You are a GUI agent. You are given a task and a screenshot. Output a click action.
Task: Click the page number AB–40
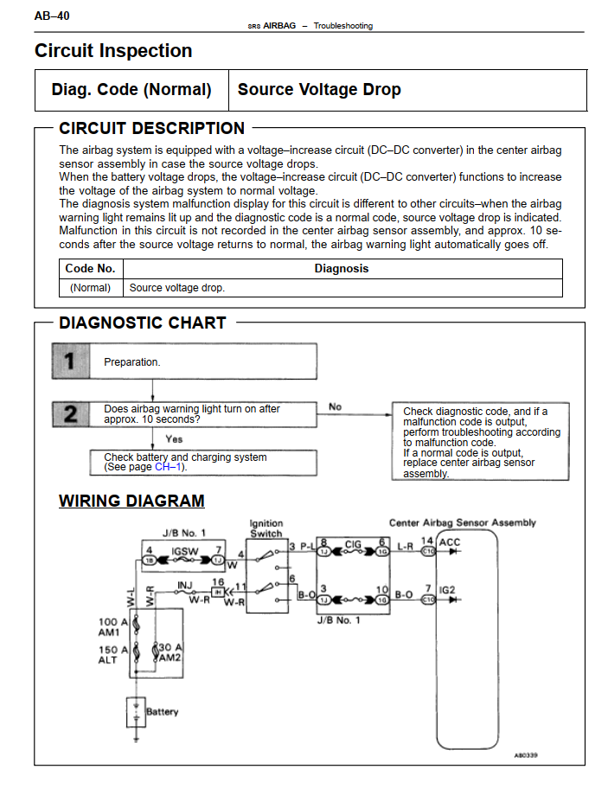tap(52, 16)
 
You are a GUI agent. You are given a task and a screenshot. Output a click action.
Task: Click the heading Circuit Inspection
tap(113, 51)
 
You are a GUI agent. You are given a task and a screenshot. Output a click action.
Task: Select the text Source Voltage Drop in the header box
tap(319, 90)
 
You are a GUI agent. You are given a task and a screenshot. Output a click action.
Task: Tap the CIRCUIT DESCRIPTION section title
tap(152, 129)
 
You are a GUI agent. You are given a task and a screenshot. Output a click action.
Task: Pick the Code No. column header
tap(90, 269)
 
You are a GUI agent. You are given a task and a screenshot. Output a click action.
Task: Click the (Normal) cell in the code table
tap(90, 288)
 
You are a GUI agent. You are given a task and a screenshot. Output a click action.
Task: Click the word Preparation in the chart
tap(131, 362)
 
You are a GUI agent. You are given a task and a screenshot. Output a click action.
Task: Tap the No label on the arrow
tap(335, 406)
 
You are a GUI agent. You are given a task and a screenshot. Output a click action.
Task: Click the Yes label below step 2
tap(174, 439)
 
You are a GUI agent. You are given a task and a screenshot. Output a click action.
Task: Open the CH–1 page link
tap(169, 468)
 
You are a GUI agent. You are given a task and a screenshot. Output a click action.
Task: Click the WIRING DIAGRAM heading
tap(131, 501)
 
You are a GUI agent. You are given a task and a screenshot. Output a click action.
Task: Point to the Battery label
tap(162, 712)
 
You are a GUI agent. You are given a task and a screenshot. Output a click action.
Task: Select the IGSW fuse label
tap(184, 550)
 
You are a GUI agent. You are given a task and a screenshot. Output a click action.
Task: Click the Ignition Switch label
tap(266, 528)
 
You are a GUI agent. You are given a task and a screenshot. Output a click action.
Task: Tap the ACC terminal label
tap(451, 543)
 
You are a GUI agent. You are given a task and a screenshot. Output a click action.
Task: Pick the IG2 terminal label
tap(447, 590)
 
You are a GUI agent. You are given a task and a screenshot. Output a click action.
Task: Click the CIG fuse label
tap(353, 545)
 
